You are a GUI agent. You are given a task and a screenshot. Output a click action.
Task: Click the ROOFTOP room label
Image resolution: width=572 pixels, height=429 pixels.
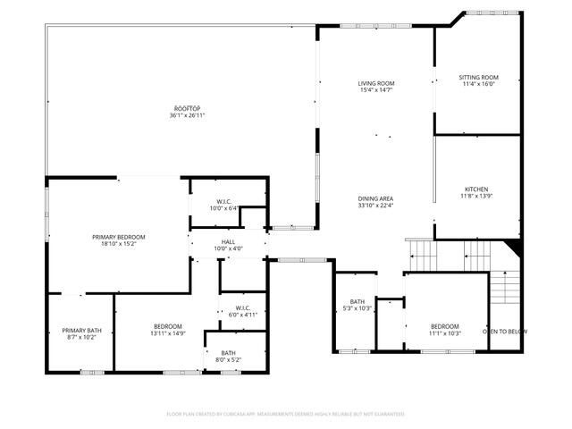pyautogui.click(x=188, y=108)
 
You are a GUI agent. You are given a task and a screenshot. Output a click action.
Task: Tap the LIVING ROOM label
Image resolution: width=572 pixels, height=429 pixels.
pyautogui.click(x=376, y=83)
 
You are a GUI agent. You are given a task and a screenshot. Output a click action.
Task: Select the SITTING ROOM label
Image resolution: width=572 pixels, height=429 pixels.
pyautogui.click(x=478, y=78)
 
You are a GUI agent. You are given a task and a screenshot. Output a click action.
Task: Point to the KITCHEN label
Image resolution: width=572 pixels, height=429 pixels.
pyautogui.click(x=475, y=189)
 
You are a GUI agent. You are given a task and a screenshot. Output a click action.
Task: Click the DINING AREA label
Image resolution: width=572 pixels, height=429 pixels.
pyautogui.click(x=376, y=198)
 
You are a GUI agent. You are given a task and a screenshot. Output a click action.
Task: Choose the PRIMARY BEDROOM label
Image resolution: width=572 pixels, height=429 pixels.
pyautogui.click(x=118, y=237)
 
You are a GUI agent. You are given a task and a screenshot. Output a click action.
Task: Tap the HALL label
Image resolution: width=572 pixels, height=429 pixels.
pyautogui.click(x=227, y=241)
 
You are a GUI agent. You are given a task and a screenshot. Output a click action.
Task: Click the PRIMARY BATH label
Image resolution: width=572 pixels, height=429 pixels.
pyautogui.click(x=81, y=331)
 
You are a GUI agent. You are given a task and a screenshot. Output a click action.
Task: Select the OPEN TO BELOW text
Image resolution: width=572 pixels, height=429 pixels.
pyautogui.click(x=505, y=332)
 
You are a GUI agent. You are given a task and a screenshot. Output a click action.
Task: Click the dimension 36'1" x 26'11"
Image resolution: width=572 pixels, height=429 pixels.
pyautogui.click(x=188, y=115)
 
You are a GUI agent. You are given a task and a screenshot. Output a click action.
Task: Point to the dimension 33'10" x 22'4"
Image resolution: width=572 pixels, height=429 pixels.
pyautogui.click(x=376, y=206)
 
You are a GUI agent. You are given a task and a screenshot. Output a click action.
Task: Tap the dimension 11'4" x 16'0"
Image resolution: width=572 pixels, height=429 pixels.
pyautogui.click(x=478, y=85)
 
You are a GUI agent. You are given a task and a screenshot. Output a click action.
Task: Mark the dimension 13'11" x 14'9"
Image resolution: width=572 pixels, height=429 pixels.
pyautogui.click(x=168, y=333)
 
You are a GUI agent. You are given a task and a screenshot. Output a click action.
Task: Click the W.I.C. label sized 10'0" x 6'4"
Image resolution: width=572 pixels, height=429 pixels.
pyautogui.click(x=223, y=201)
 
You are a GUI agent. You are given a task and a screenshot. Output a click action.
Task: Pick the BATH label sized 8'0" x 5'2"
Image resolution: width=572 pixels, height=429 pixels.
pyautogui.click(x=229, y=352)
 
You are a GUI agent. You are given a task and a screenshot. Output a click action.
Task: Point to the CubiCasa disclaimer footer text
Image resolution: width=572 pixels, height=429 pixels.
pyautogui.click(x=286, y=414)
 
